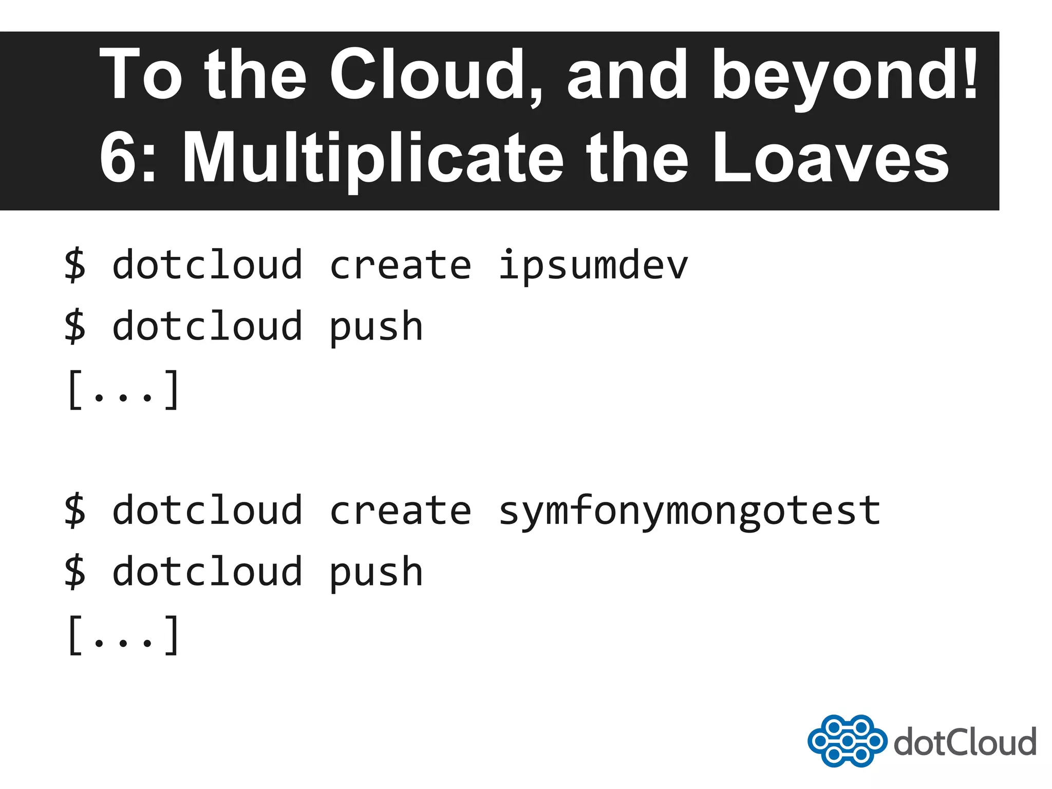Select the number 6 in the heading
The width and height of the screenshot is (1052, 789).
[x=119, y=157]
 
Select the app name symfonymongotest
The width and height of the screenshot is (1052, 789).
[x=689, y=512]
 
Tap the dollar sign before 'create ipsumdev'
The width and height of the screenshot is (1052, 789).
[x=75, y=266]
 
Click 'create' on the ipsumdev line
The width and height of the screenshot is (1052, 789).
[x=400, y=266]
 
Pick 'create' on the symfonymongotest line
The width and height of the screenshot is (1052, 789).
[x=400, y=511]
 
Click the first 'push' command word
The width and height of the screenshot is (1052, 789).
[x=375, y=328]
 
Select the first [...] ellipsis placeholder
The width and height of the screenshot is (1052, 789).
[x=123, y=390]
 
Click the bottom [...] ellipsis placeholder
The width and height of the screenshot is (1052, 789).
[x=123, y=636]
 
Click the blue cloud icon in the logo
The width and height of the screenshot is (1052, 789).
[x=847, y=741]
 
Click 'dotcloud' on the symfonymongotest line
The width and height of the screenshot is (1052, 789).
[x=207, y=511]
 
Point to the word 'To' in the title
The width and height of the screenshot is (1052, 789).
[x=141, y=74]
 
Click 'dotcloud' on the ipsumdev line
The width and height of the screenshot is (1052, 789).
[x=207, y=266]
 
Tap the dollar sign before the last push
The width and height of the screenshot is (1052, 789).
[x=75, y=572]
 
